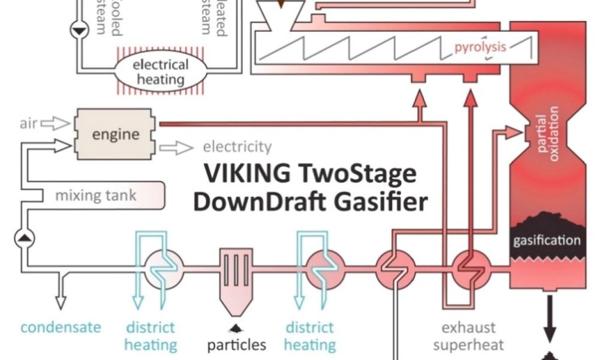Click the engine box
116,134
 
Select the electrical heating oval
160,72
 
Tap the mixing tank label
96,195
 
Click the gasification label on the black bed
547,241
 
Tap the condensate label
61,328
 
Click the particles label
236,346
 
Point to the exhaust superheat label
468,336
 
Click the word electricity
237,146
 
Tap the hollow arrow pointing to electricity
176,147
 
